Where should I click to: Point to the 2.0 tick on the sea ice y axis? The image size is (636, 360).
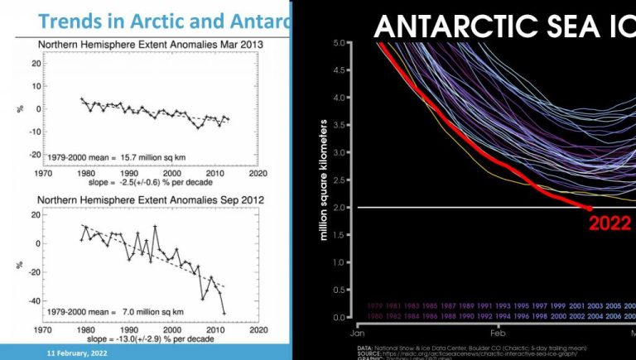coord(340,207)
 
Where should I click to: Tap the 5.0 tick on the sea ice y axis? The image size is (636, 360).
coord(340,42)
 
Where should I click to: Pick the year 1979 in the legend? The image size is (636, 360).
coord(374,305)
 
